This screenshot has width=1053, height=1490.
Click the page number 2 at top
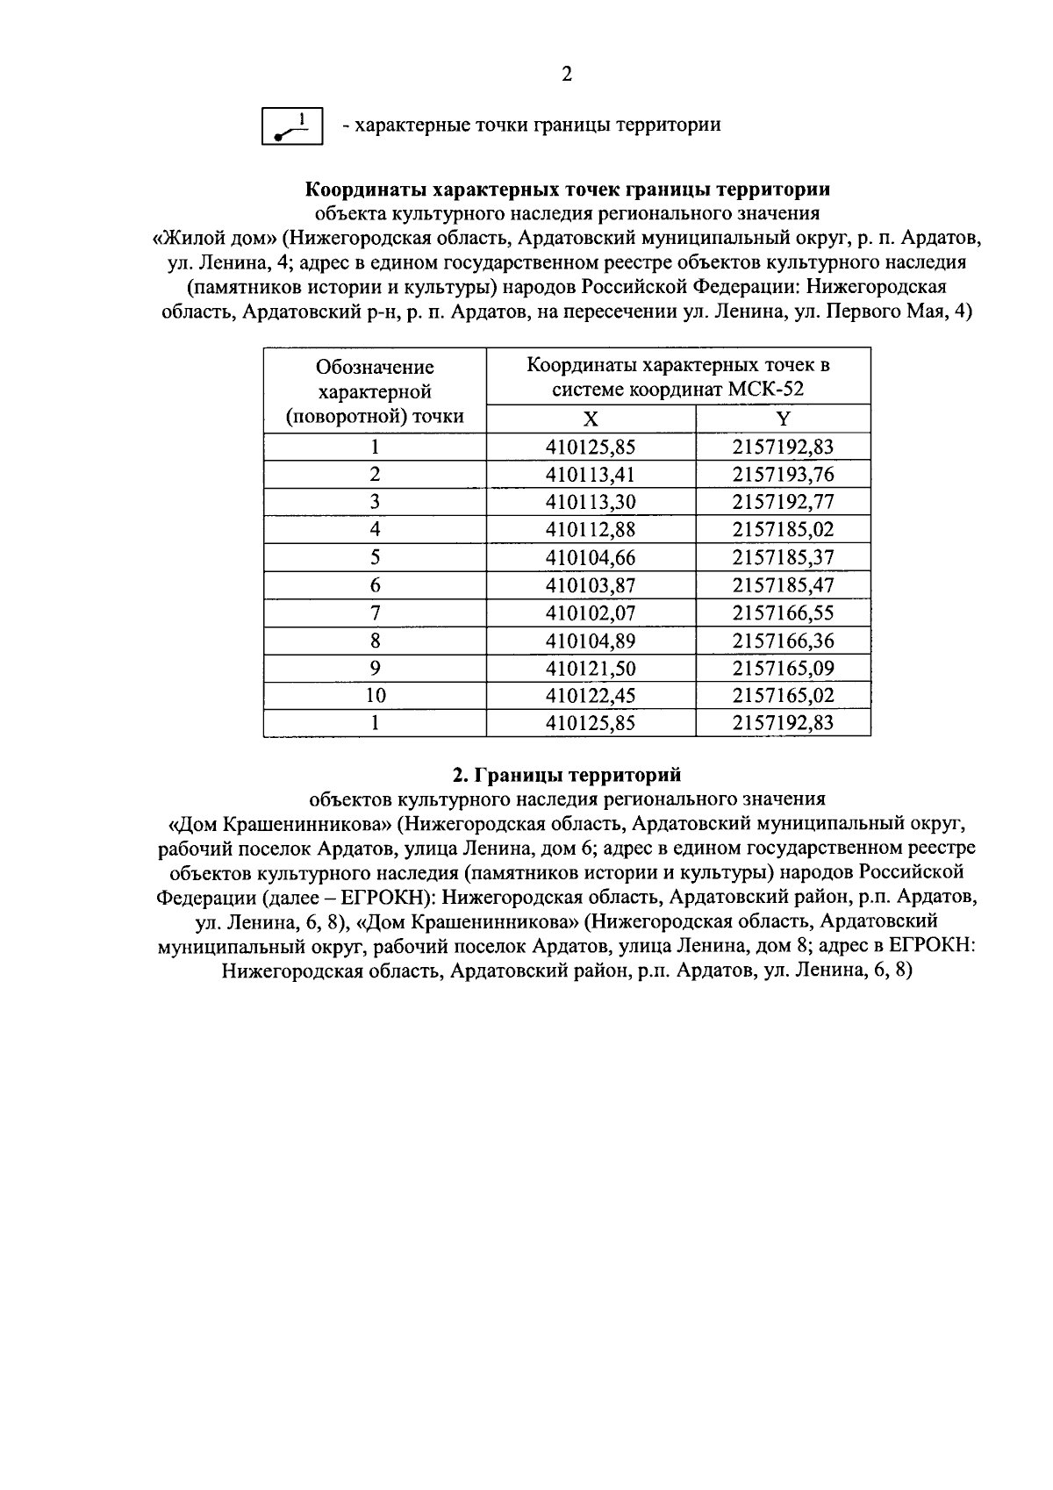[566, 75]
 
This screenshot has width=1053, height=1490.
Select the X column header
[591, 419]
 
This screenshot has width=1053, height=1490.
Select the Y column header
[783, 419]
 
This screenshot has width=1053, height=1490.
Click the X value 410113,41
[591, 475]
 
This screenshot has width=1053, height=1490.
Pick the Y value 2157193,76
[783, 475]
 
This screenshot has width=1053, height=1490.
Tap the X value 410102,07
[591, 612]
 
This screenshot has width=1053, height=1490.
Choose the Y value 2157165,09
[783, 668]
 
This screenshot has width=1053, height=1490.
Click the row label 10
[375, 696]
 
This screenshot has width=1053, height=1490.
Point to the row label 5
[375, 557]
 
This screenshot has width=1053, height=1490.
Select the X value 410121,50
[591, 668]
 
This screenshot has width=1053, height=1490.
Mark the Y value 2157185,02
[783, 529]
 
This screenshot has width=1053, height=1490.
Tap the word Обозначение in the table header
[375, 367]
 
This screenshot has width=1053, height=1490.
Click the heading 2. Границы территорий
[566, 775]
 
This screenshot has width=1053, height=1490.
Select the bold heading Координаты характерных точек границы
[567, 190]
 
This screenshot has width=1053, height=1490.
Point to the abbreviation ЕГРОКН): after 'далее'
[386, 898]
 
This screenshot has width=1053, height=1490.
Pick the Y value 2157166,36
[783, 641]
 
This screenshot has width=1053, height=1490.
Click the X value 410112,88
[591, 529]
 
